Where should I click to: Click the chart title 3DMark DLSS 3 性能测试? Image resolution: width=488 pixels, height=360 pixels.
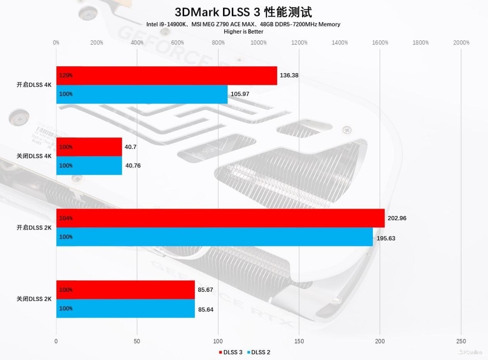pos(243,12)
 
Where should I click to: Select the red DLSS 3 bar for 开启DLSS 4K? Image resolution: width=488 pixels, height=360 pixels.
pos(166,75)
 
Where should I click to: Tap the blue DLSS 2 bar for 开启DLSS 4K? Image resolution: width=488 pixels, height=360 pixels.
pos(142,94)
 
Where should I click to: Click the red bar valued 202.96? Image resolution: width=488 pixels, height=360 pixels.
pos(220,218)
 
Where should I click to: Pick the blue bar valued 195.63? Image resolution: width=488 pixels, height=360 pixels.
pos(215,237)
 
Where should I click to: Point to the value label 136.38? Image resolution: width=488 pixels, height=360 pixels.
pos(289,75)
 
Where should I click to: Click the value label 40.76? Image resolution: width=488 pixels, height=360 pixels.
pos(133,166)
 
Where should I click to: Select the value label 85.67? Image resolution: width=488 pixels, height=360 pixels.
pos(205,290)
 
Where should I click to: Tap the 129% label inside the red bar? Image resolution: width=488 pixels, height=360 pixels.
pos(66,75)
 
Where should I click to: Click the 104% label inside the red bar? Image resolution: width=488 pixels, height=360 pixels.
pos(66,218)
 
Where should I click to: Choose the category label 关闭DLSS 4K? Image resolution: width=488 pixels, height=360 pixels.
pos(34,156)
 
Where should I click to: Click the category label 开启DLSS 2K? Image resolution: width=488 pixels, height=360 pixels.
pos(34,228)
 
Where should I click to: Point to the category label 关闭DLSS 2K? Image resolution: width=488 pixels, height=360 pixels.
pos(34,299)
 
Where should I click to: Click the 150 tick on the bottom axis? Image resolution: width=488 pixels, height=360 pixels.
pos(299,341)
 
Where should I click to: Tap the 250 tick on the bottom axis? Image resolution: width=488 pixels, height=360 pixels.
pos(461,341)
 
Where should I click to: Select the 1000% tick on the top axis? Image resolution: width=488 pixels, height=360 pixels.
pos(258,43)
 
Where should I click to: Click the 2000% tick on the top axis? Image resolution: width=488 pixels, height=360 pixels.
pos(461,43)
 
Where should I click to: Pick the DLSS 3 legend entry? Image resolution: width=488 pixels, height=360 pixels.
pos(231,352)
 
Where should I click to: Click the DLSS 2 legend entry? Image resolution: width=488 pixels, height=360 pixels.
pos(258,352)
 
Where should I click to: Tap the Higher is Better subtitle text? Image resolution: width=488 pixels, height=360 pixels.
pos(243,32)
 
